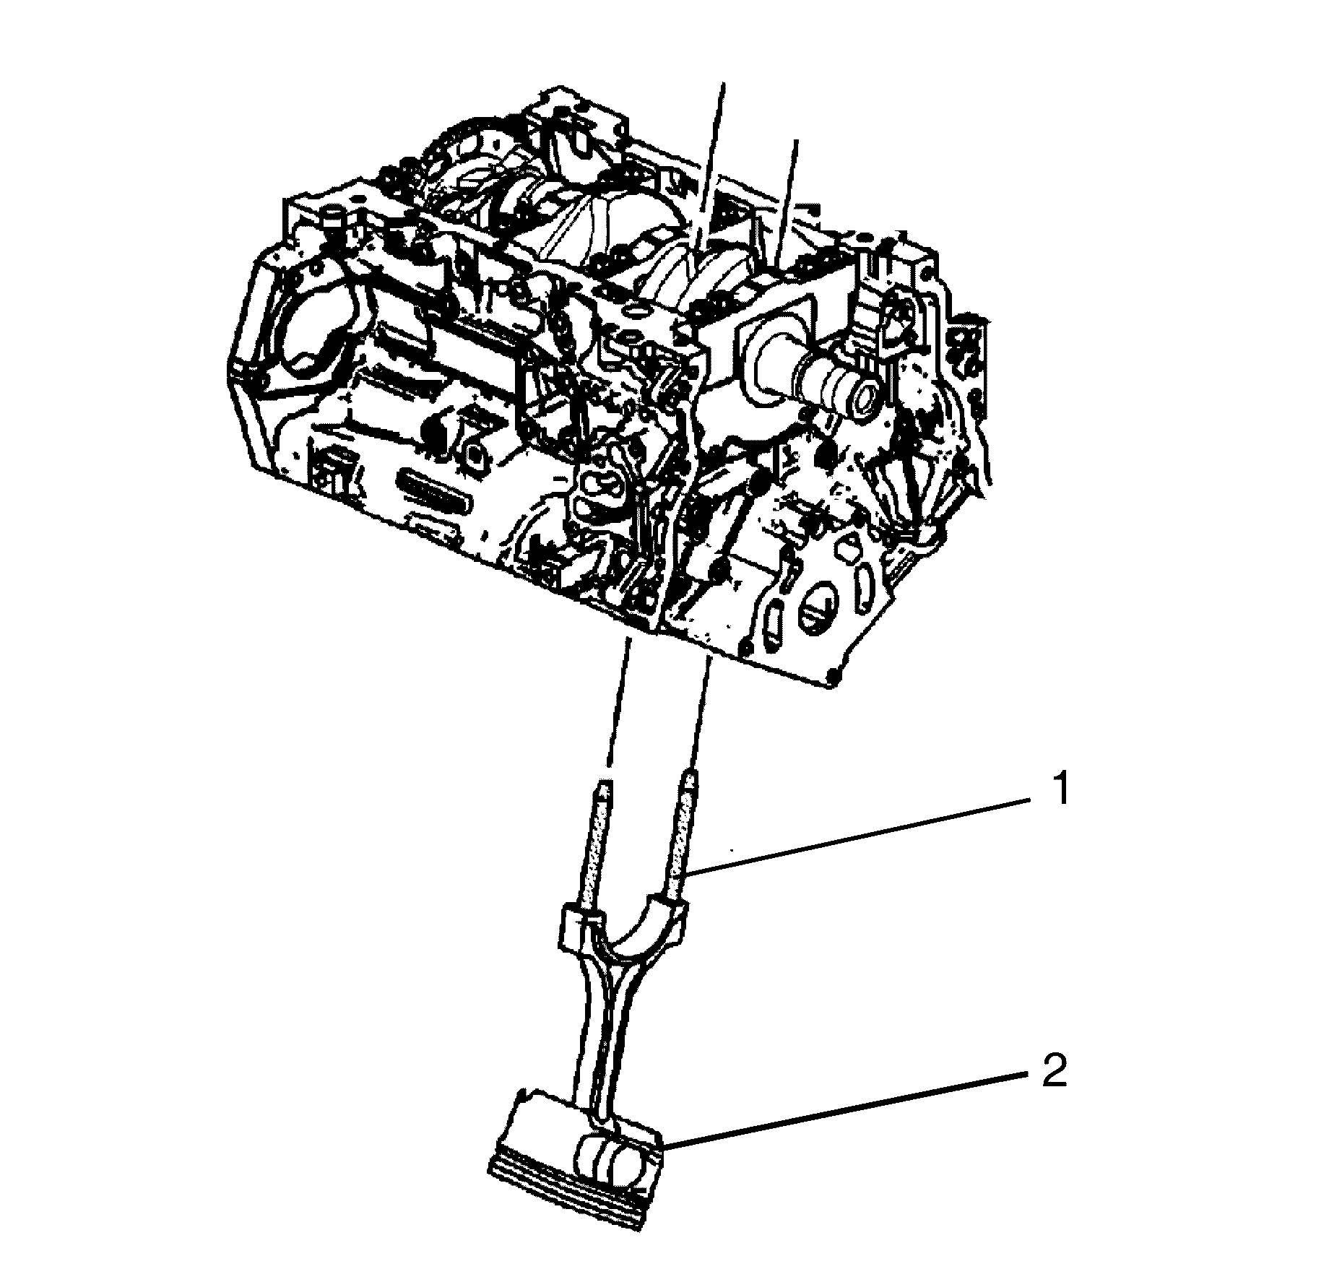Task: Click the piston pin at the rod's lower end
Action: click(611, 1162)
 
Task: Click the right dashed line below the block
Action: click(703, 706)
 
